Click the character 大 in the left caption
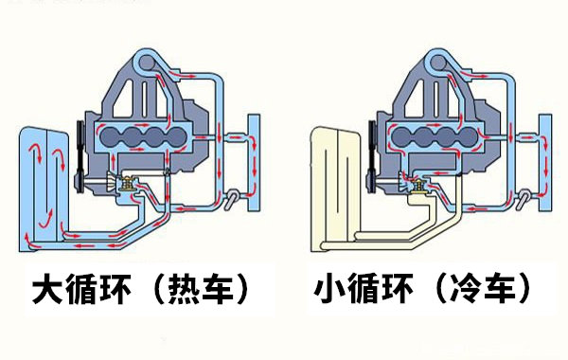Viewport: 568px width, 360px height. (x=47, y=289)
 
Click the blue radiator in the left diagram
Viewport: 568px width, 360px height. (x=44, y=189)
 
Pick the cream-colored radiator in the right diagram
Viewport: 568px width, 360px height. (x=335, y=189)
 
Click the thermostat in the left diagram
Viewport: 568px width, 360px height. (x=128, y=184)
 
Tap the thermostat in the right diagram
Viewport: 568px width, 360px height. (x=419, y=184)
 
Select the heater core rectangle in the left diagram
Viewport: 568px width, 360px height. (x=254, y=163)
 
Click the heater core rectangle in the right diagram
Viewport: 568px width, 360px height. (x=545, y=163)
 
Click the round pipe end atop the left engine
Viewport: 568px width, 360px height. (x=147, y=63)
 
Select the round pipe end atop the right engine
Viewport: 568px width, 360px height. (x=438, y=63)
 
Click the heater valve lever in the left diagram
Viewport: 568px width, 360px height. (x=232, y=201)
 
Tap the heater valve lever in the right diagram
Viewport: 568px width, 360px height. (x=524, y=201)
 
